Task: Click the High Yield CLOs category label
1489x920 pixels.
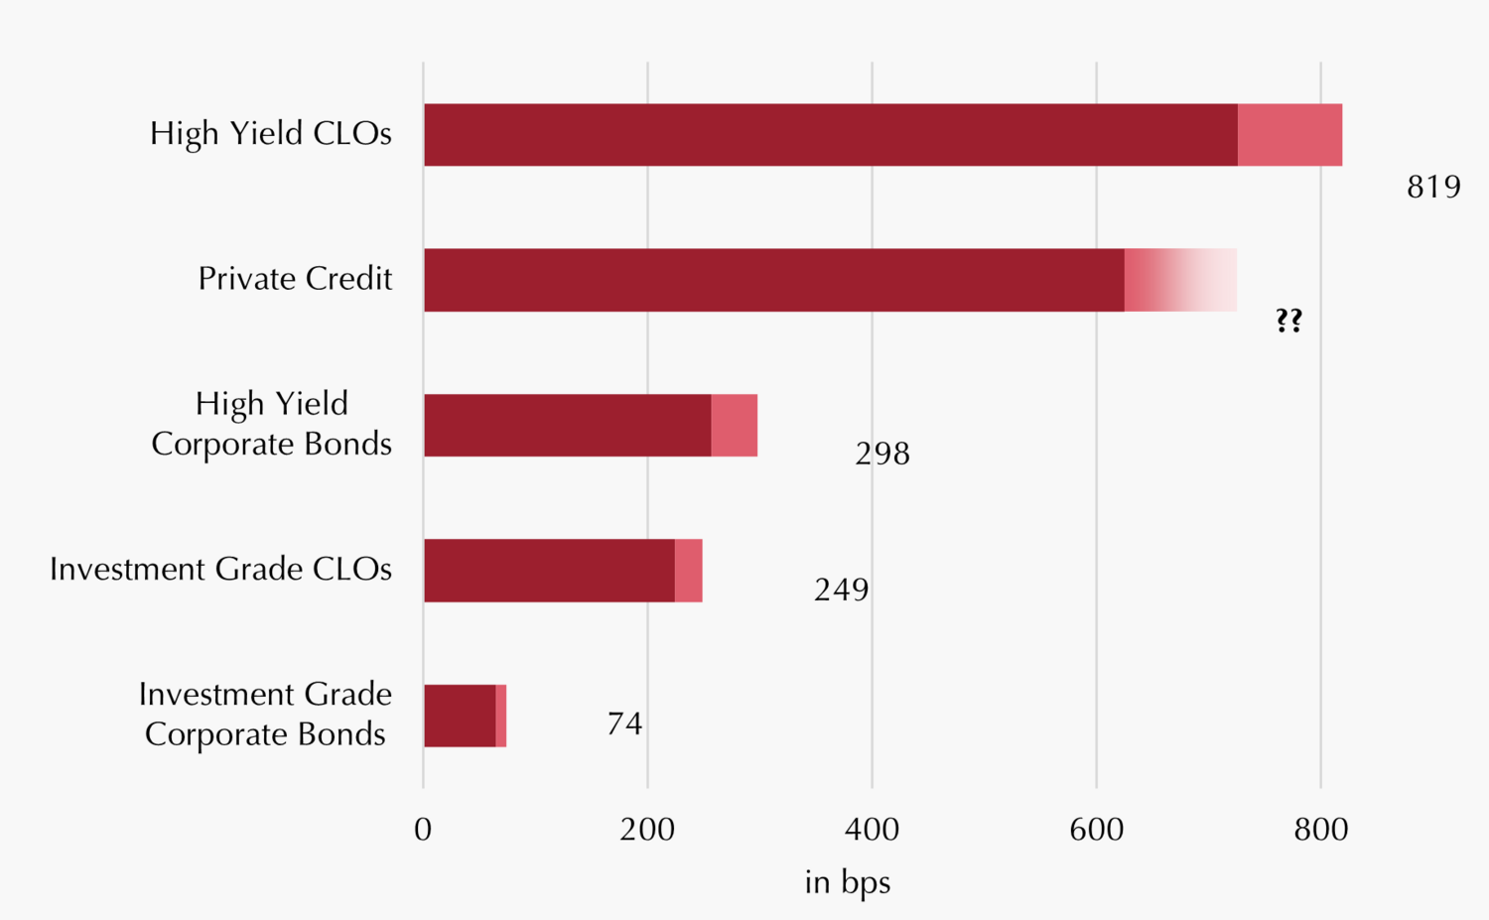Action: [270, 133]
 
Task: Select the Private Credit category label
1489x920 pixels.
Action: [295, 279]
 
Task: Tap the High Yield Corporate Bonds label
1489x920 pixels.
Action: [271, 424]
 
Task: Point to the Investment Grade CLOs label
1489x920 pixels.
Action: [220, 570]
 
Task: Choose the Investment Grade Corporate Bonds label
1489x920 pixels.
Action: [265, 714]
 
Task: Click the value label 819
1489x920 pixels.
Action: [1433, 187]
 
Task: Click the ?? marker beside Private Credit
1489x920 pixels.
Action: [1288, 321]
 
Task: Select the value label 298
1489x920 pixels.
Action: [882, 454]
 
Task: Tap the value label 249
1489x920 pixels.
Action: [841, 590]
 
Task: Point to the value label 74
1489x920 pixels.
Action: [624, 723]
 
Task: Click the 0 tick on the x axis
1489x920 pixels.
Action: [423, 830]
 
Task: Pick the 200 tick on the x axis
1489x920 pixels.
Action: [647, 830]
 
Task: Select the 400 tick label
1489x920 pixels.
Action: [872, 830]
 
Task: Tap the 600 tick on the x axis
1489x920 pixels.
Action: [1096, 830]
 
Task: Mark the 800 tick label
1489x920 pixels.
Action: [1320, 830]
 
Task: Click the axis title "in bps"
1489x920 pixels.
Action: [847, 882]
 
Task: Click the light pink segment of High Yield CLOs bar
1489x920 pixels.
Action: [1289, 135]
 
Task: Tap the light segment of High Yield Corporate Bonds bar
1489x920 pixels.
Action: [735, 425]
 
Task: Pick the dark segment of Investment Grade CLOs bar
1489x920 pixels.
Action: [549, 571]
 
